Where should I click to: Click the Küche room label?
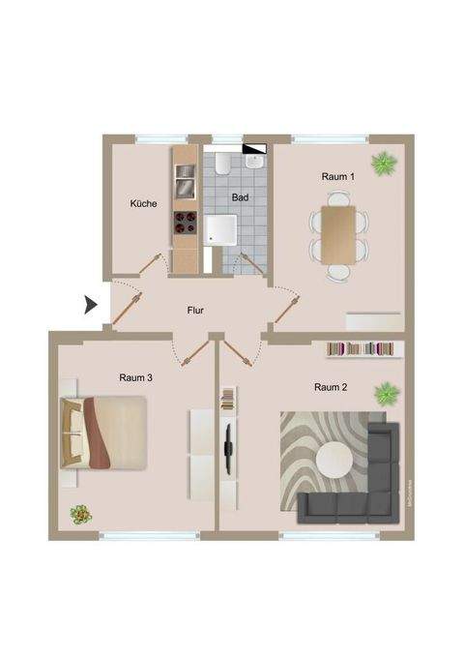click(x=144, y=204)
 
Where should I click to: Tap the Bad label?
click(x=240, y=197)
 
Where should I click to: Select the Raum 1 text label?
click(x=338, y=177)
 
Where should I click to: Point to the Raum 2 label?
click(x=331, y=387)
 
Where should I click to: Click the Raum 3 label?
click(x=136, y=377)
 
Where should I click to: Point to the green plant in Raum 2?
click(x=387, y=393)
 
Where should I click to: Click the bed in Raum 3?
click(x=104, y=432)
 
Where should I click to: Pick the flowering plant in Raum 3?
click(x=78, y=514)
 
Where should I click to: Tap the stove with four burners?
click(x=185, y=223)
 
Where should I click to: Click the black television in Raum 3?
click(x=227, y=445)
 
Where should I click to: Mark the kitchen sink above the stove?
click(x=185, y=176)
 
